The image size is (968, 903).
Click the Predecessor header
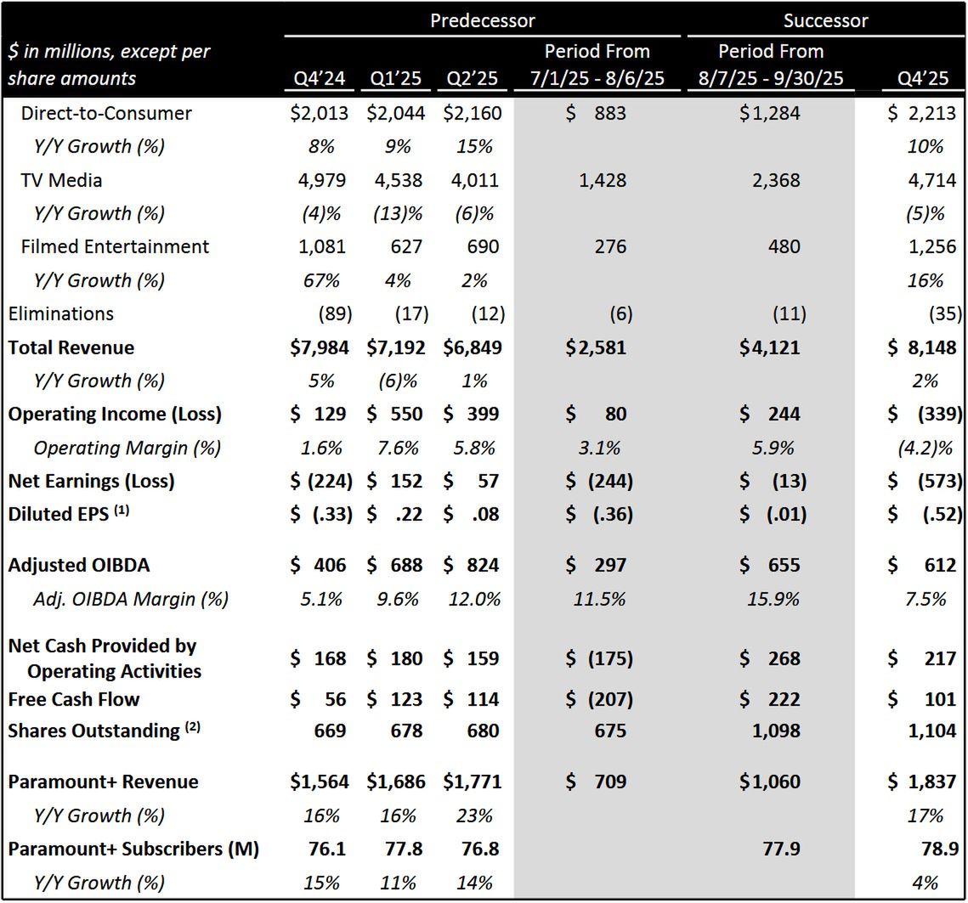click(x=482, y=20)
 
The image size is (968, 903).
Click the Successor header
click(x=825, y=20)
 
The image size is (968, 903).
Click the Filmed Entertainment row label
click(x=115, y=246)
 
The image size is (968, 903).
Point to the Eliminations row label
click(x=61, y=313)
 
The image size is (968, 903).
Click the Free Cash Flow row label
click(x=74, y=699)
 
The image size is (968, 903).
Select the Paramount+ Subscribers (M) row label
click(x=133, y=848)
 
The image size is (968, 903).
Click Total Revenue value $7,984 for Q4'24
click(x=320, y=347)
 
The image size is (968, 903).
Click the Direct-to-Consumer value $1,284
click(x=769, y=113)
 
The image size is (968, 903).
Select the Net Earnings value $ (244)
click(x=599, y=481)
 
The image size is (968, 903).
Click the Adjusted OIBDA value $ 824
click(x=473, y=565)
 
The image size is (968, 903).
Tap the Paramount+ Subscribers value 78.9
click(x=937, y=848)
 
